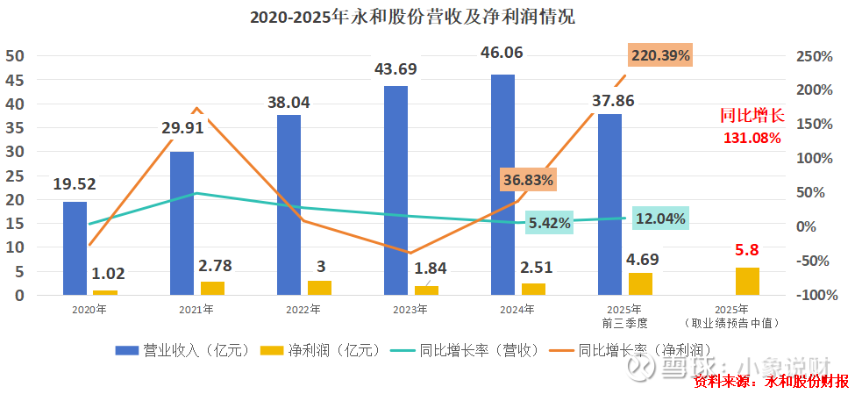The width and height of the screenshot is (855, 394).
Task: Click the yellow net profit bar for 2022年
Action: tap(320, 288)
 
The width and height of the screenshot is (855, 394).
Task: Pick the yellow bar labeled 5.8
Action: tap(747, 281)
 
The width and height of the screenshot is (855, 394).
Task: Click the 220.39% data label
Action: tap(660, 56)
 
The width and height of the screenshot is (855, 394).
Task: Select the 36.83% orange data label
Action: tap(528, 180)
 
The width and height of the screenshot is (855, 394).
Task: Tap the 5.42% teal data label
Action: tap(549, 223)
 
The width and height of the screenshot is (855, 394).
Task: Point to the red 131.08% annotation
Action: tap(752, 137)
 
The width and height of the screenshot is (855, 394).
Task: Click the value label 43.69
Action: tap(395, 68)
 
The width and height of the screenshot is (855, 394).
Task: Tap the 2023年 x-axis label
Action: tap(410, 310)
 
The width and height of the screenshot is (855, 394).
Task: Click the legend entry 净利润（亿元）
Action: tap(322, 349)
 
